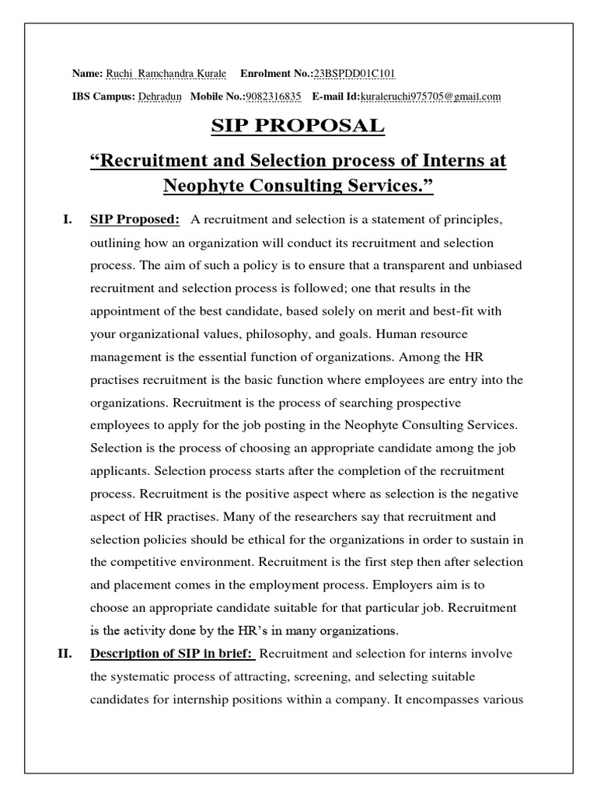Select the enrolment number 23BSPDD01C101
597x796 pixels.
tap(354, 74)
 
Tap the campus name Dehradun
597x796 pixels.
tap(160, 96)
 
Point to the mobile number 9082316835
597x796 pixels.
tap(273, 96)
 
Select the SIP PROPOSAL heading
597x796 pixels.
tap(298, 126)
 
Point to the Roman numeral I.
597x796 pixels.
tap(67, 221)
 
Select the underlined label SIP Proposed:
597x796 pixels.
tap(134, 221)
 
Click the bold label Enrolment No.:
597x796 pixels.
tap(276, 74)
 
